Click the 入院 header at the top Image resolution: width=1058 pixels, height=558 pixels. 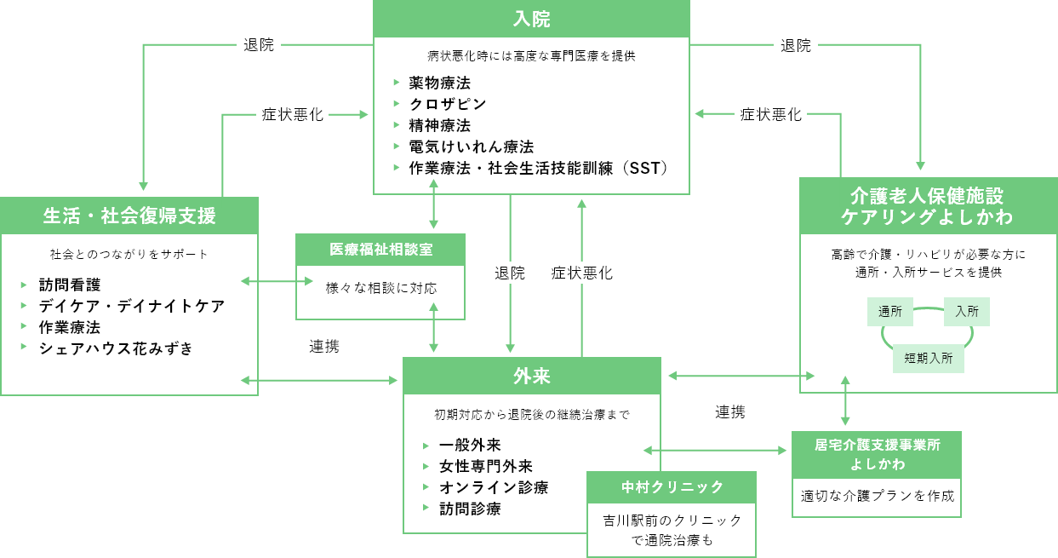tap(531, 19)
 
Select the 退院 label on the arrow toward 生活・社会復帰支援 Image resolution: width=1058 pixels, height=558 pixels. tap(259, 45)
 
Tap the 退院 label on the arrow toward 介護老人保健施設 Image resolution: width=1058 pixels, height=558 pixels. tap(796, 45)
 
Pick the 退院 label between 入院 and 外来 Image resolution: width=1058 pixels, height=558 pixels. tap(510, 273)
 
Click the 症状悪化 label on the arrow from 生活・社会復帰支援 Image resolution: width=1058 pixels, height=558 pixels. tap(293, 114)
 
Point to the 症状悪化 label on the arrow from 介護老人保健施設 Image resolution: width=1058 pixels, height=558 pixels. tap(771, 114)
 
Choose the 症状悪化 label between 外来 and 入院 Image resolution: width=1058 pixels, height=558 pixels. tap(581, 273)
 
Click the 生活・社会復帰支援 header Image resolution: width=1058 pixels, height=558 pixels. tap(129, 216)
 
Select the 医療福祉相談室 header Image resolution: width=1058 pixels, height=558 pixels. tap(380, 250)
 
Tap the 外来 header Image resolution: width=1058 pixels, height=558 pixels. tap(531, 376)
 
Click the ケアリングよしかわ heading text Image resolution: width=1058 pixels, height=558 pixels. tap(927, 217)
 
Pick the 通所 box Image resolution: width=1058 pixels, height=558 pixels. tap(890, 312)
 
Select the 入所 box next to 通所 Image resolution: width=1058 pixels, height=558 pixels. tap(967, 312)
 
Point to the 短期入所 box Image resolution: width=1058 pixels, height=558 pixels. tap(929, 359)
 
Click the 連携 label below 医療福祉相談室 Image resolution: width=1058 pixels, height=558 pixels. tap(324, 346)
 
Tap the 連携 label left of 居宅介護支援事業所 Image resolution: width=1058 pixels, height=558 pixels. tap(729, 411)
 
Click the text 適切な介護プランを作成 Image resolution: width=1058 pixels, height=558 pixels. tap(877, 495)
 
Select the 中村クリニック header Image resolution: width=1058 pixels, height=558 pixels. tap(672, 486)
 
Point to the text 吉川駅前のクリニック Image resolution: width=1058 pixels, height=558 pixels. tap(672, 520)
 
